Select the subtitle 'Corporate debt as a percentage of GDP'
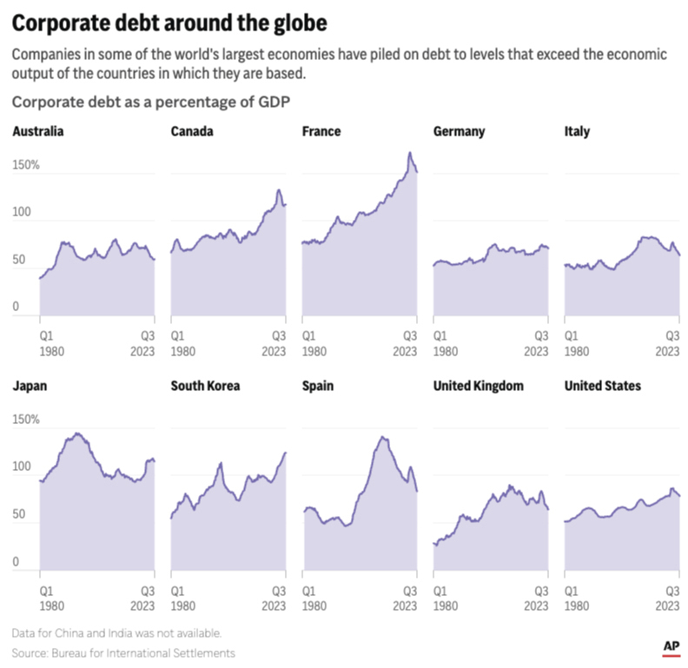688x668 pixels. pos(150,102)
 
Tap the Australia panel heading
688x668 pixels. pos(37,132)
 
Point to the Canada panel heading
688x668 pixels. pos(192,132)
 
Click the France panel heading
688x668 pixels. pos(321,132)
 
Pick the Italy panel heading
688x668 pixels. pos(577,132)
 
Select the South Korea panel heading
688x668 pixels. pos(205,386)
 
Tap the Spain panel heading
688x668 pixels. pos(318,386)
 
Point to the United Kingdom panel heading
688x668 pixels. pos(478,386)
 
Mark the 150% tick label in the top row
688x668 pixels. pos(26,164)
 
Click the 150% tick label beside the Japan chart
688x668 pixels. pos(26,420)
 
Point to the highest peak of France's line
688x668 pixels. pos(410,153)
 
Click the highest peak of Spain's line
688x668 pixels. pos(382,437)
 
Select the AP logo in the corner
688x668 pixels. pos(670,646)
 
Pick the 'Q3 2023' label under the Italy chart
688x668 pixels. pos(666,343)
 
